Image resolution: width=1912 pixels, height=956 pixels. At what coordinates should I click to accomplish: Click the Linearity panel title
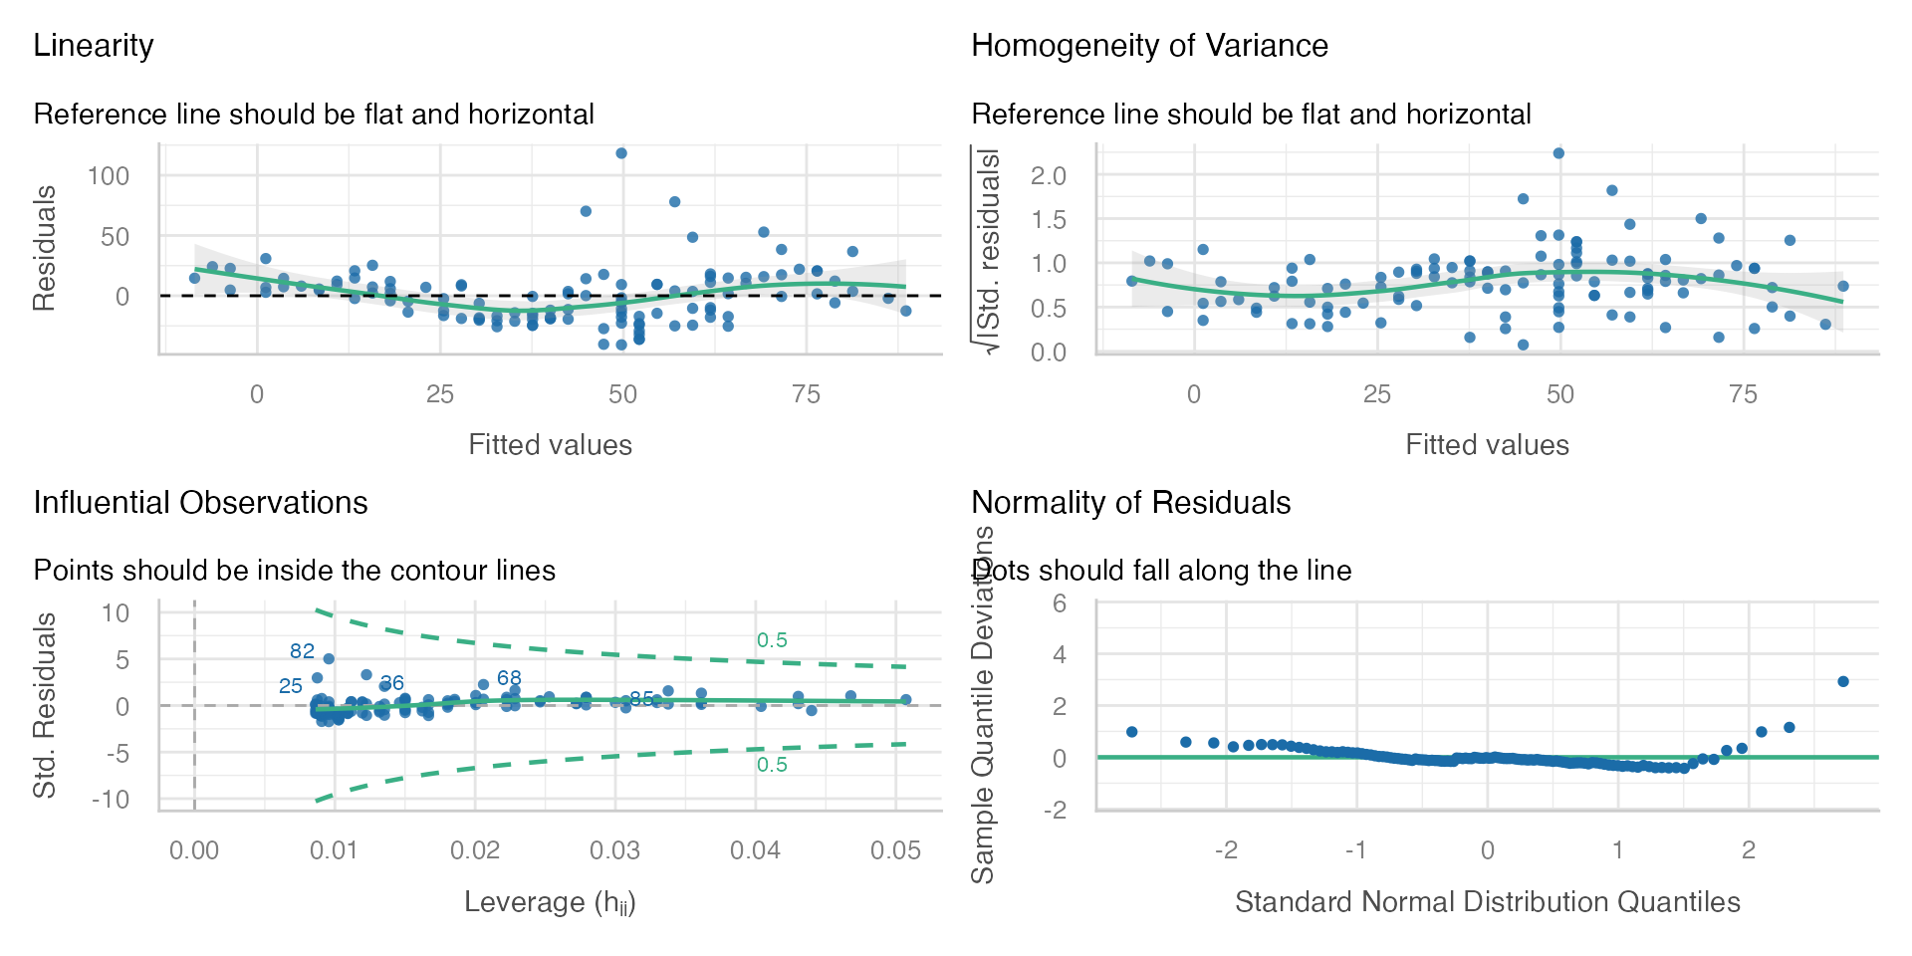(94, 46)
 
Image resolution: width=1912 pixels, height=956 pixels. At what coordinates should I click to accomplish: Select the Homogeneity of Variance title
(1149, 46)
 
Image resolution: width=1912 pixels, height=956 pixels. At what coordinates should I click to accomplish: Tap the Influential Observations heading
(200, 503)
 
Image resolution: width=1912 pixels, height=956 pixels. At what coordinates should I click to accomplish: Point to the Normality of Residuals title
(1130, 503)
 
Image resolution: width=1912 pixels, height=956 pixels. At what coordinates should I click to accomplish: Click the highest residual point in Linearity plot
(621, 153)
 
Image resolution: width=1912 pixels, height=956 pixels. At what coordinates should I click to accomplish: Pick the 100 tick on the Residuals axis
(109, 176)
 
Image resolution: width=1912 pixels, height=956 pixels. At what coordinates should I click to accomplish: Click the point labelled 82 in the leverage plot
(329, 659)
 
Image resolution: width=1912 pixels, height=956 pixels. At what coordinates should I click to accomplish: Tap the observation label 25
(290, 686)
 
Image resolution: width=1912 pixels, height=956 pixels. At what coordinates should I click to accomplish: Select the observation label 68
(509, 678)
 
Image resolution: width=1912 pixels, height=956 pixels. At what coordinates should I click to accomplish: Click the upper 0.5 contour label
(772, 640)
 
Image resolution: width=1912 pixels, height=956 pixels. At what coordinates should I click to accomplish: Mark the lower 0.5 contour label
(772, 765)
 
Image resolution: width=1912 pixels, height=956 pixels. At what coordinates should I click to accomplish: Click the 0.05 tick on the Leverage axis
(895, 850)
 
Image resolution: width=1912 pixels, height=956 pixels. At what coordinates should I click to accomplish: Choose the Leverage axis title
(550, 903)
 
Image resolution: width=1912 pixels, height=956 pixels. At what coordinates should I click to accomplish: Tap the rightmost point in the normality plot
(1843, 682)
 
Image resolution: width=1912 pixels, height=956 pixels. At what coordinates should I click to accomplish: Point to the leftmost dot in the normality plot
(1131, 732)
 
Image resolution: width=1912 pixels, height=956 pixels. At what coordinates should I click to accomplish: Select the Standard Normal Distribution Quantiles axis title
(1487, 902)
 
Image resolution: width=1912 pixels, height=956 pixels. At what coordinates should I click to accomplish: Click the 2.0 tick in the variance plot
(1048, 176)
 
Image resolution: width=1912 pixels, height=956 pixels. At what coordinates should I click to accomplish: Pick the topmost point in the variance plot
(1559, 153)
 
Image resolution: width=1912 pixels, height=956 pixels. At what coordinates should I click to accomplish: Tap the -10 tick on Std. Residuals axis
(116, 800)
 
